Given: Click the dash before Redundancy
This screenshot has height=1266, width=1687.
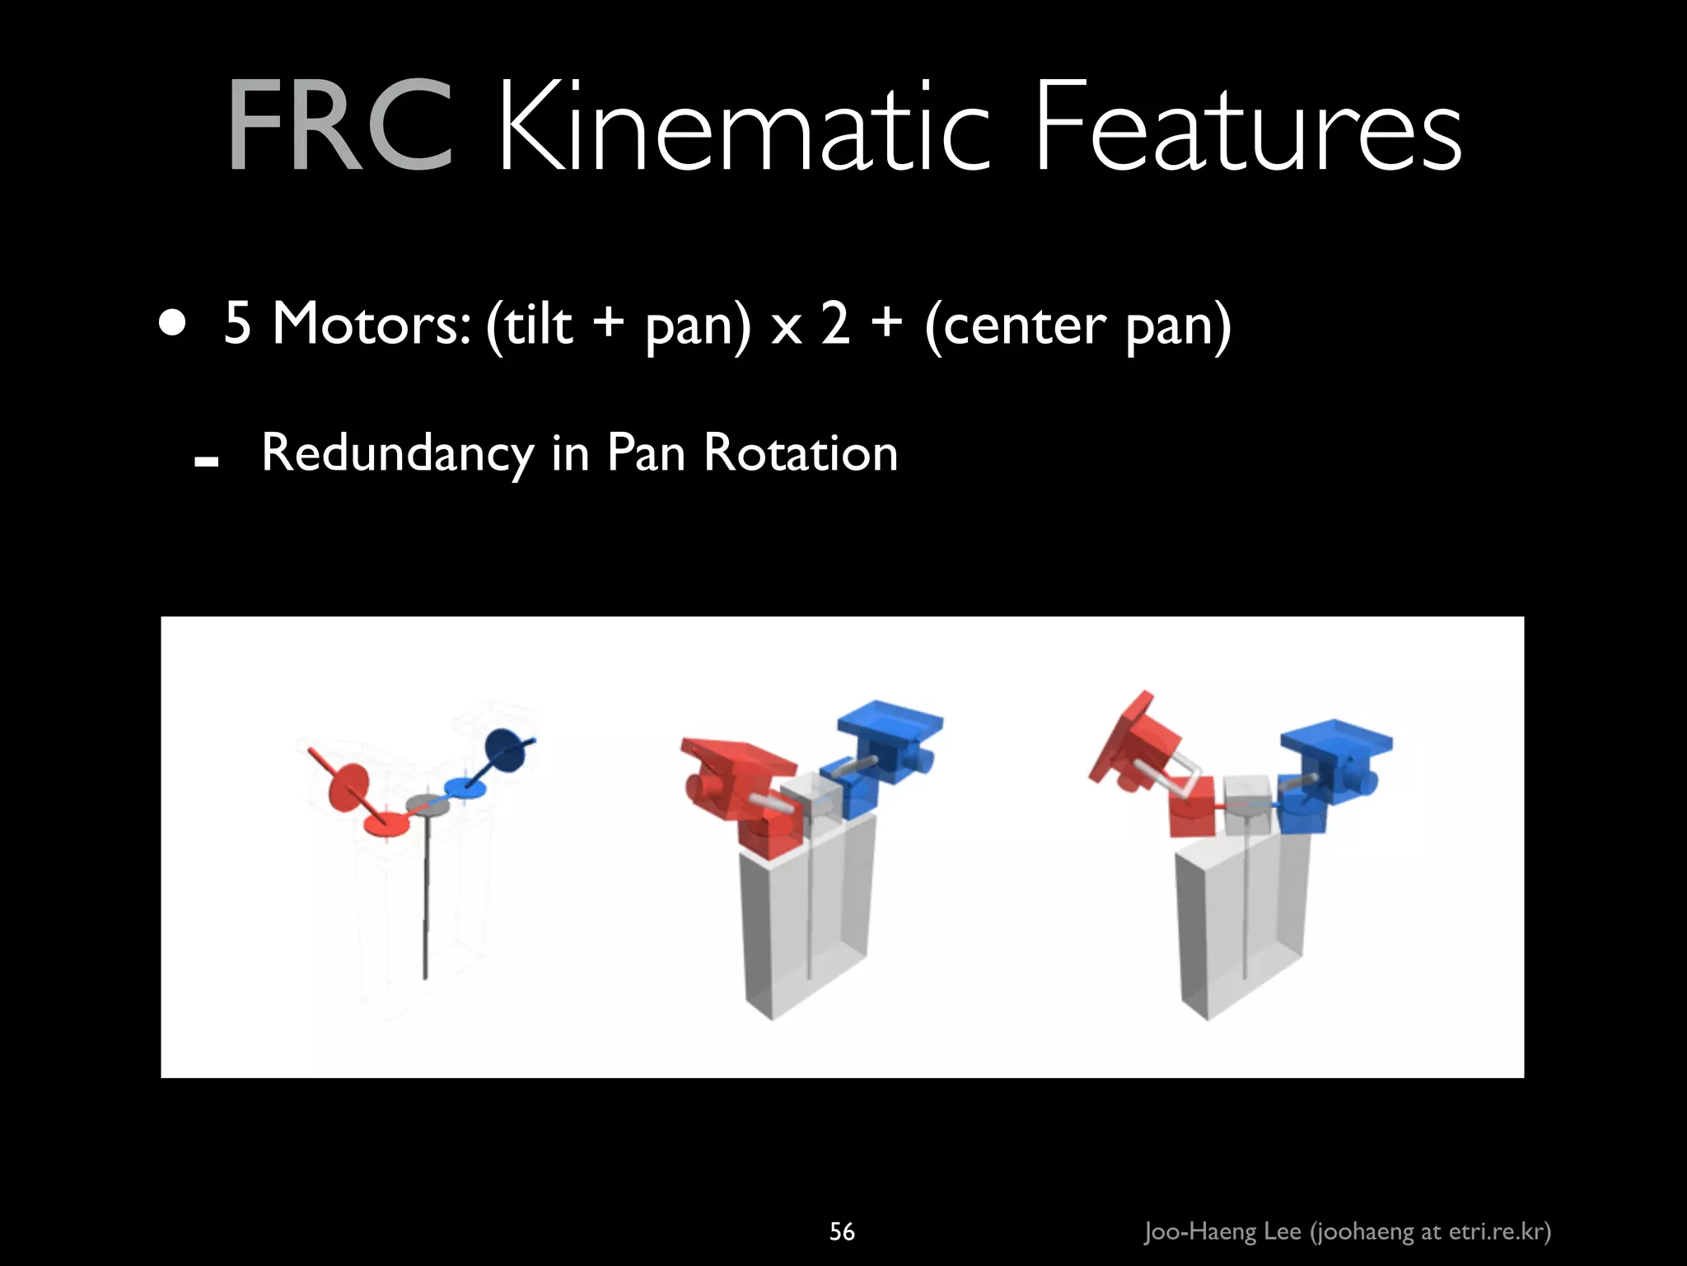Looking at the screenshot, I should [206, 462].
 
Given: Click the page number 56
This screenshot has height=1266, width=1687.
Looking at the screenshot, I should [842, 1231].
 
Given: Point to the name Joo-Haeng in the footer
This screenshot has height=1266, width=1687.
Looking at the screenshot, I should [1199, 1231].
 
